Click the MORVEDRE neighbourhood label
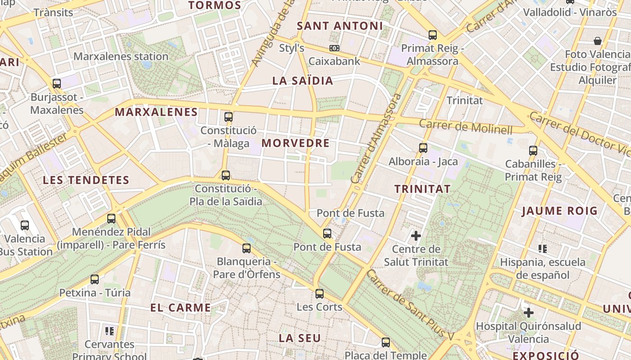pos(295,143)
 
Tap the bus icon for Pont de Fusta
pos(327,234)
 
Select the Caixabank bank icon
pos(334,48)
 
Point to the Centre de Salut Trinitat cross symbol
pos(416,235)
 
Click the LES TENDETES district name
pos(86,180)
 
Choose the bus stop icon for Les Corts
pos(320,294)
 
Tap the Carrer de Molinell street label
pos(466,127)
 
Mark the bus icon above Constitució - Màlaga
pos(229,117)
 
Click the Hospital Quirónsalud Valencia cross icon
pos(529,312)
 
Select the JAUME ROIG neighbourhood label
pos(559,211)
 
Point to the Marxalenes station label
pos(121,56)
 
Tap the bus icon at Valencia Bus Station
pos(25,225)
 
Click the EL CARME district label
pos(180,308)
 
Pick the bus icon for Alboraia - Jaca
pos(423,148)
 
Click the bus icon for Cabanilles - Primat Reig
pos(533,151)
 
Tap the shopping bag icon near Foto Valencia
pos(598,41)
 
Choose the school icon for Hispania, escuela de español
pos(543,248)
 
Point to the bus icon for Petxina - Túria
pos(95,279)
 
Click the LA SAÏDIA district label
pos(302,81)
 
